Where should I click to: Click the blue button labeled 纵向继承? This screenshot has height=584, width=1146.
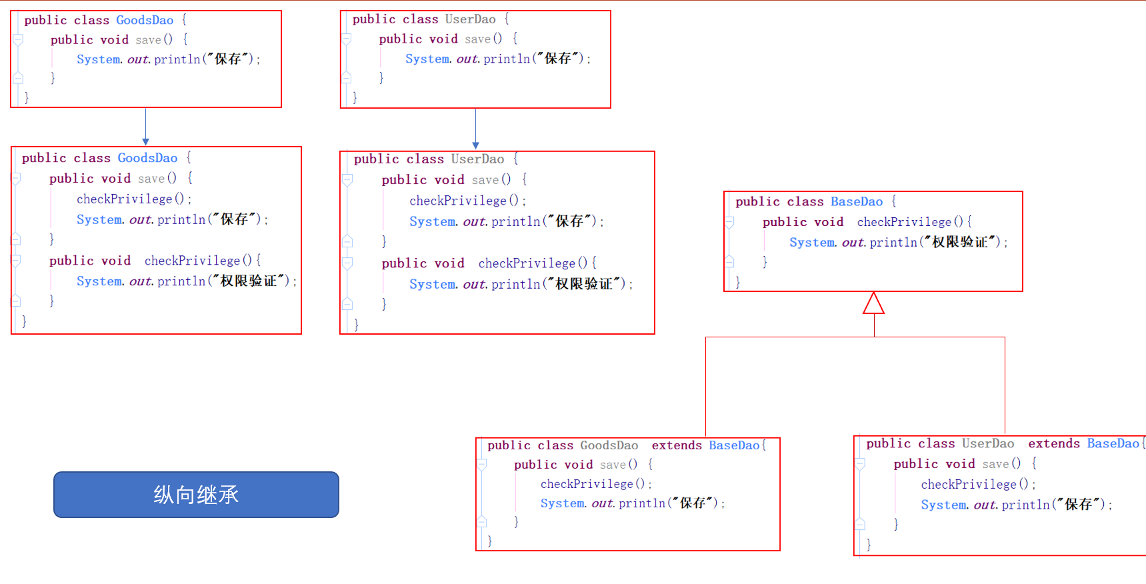tap(196, 495)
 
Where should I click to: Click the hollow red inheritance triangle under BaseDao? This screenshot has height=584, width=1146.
tap(873, 303)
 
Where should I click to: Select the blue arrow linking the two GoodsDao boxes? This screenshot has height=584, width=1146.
tap(145, 127)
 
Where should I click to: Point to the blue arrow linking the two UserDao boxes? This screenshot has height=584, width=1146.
tap(475, 129)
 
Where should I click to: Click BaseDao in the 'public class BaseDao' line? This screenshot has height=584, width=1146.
tap(857, 201)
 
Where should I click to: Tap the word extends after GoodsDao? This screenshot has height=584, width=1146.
tap(677, 445)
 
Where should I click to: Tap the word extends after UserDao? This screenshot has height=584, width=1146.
tap(1053, 443)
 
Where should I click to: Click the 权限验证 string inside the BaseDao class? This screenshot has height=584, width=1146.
tap(960, 242)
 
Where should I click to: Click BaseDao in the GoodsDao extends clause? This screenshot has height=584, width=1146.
tap(734, 445)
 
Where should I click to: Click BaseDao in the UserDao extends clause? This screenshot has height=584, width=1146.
tap(1113, 443)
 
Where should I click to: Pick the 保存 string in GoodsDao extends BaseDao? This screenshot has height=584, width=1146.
tap(693, 503)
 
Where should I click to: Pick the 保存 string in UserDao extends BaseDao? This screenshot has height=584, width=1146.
tap(1079, 505)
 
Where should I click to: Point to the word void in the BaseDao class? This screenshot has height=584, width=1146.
tap(829, 222)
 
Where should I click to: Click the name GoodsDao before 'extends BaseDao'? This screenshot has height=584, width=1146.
tap(609, 445)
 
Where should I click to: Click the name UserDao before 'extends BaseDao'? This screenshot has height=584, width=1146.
tap(988, 443)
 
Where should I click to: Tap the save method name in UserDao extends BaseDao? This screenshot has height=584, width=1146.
tap(995, 464)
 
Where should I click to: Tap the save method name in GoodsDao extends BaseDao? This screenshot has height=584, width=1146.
tap(613, 465)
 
